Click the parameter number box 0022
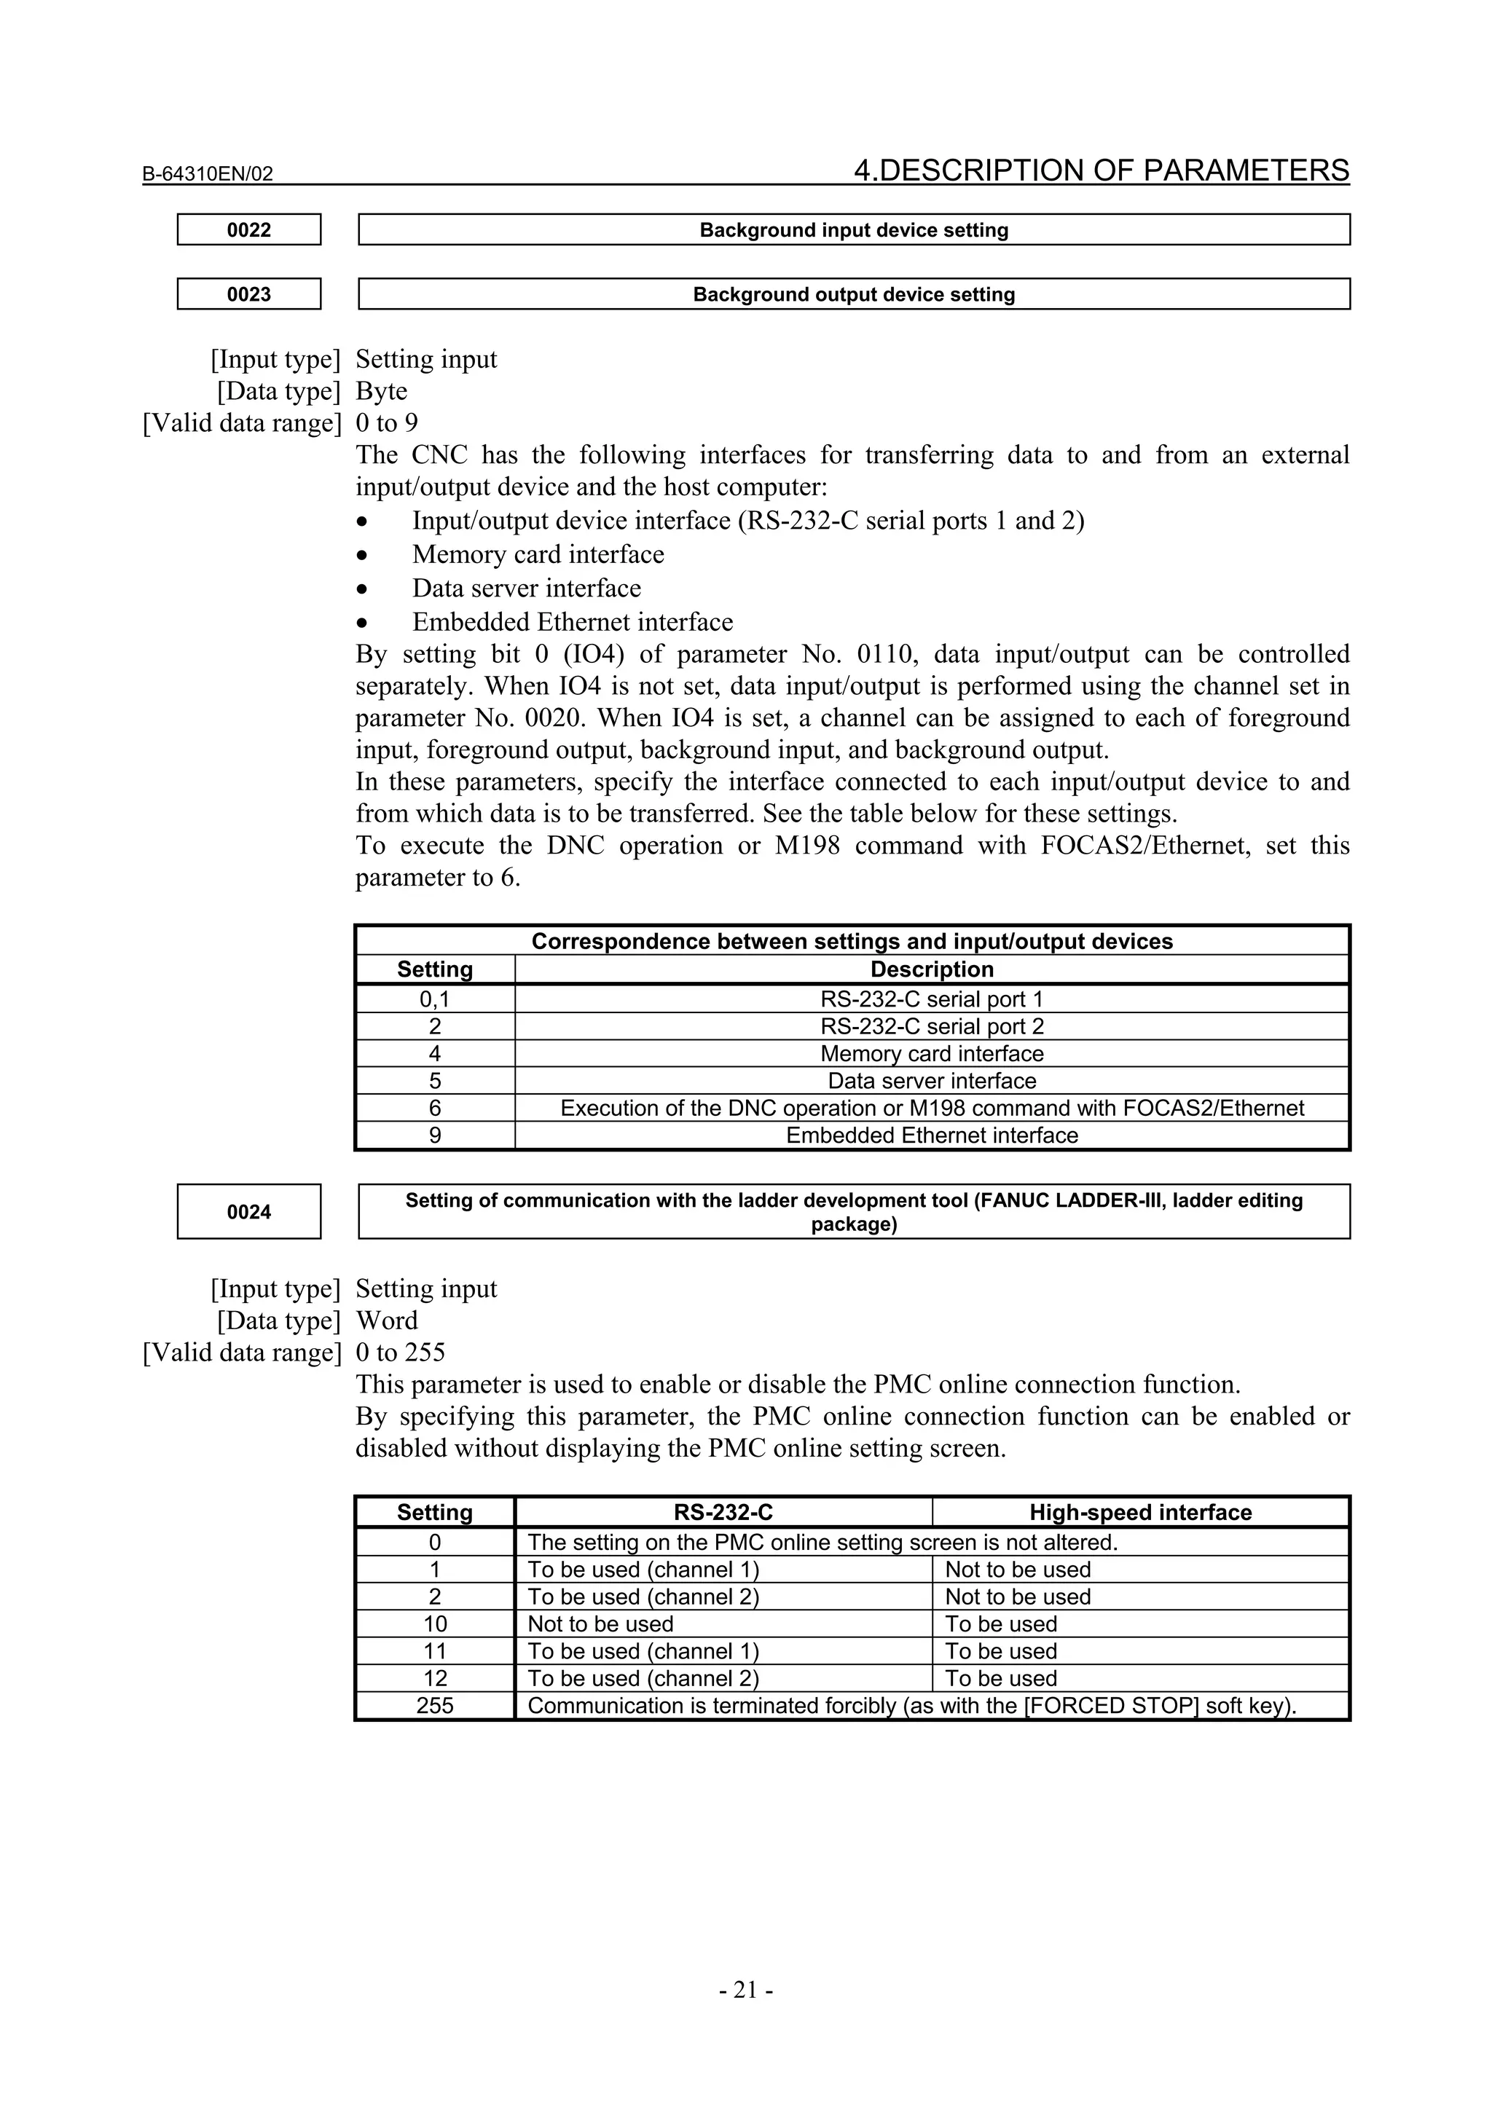tap(249, 229)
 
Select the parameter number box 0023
tap(249, 294)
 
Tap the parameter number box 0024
tap(249, 1212)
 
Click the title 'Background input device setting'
tap(853, 229)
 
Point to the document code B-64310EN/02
tap(208, 173)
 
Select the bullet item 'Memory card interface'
tap(538, 554)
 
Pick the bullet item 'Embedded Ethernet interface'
tap(572, 622)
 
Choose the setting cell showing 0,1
tap(435, 999)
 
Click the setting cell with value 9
tap(435, 1136)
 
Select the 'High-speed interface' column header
tap(1140, 1513)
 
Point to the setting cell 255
tap(435, 1706)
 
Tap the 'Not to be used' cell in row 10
tap(600, 1625)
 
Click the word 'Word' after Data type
tap(387, 1320)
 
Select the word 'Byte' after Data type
tap(382, 392)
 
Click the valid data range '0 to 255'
tap(400, 1353)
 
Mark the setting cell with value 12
tap(435, 1679)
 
